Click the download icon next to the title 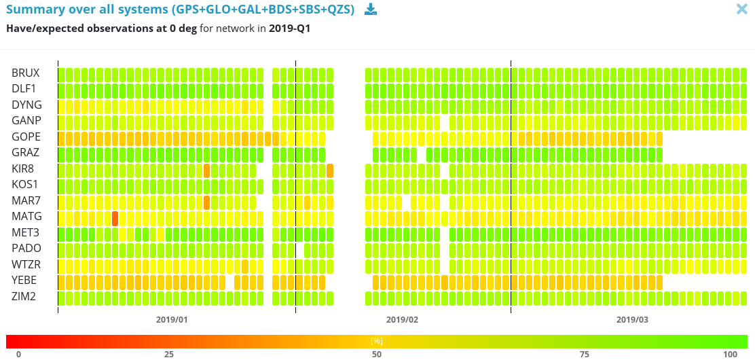(x=370, y=9)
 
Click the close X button (x=742, y=9)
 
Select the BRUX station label (x=26, y=73)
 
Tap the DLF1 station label (x=24, y=89)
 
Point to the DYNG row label (x=26, y=105)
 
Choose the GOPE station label (x=26, y=137)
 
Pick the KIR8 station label (x=23, y=168)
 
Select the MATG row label (x=26, y=217)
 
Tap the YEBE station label (x=24, y=281)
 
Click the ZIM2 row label (x=24, y=296)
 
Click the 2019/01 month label (x=172, y=319)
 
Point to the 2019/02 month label (x=402, y=319)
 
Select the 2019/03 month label (x=632, y=319)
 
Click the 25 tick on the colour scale (x=169, y=354)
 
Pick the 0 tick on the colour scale (x=18, y=354)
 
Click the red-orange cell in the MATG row (x=115, y=218)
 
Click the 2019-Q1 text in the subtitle (x=290, y=29)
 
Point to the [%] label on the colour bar (x=377, y=340)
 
